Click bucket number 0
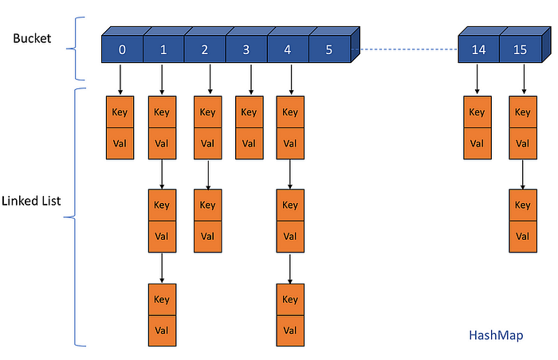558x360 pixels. click(x=122, y=50)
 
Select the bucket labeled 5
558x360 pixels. click(x=328, y=50)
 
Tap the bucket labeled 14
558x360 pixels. click(x=478, y=50)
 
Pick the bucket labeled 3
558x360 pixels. click(x=246, y=50)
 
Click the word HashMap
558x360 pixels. click(x=495, y=335)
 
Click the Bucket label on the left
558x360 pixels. click(x=32, y=37)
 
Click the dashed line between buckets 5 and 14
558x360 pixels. click(x=407, y=50)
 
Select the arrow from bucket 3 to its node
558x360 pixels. click(x=249, y=79)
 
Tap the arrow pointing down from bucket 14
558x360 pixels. click(x=477, y=79)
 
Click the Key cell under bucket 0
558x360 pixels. click(x=120, y=112)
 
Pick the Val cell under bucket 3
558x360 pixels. click(x=249, y=144)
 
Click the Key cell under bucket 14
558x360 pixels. click(x=477, y=112)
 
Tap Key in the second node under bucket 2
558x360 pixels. click(x=207, y=205)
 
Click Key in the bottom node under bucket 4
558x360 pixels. click(x=290, y=299)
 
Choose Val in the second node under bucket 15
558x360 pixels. click(x=523, y=237)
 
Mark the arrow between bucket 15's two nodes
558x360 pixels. click(x=523, y=174)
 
